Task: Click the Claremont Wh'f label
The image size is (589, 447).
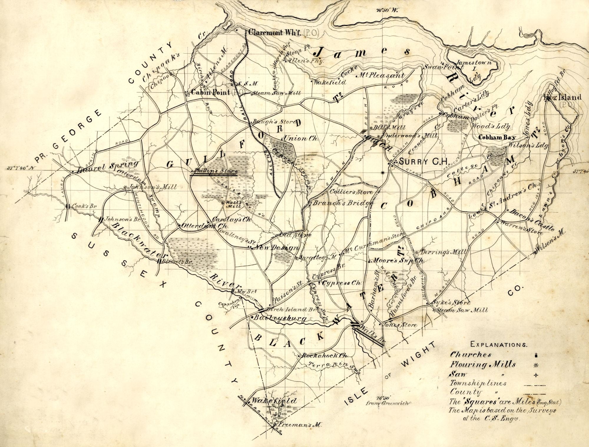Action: [x=274, y=33]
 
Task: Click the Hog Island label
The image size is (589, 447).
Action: [x=562, y=97]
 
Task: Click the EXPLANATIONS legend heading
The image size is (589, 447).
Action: [x=495, y=344]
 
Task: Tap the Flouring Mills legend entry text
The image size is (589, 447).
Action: [x=483, y=365]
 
